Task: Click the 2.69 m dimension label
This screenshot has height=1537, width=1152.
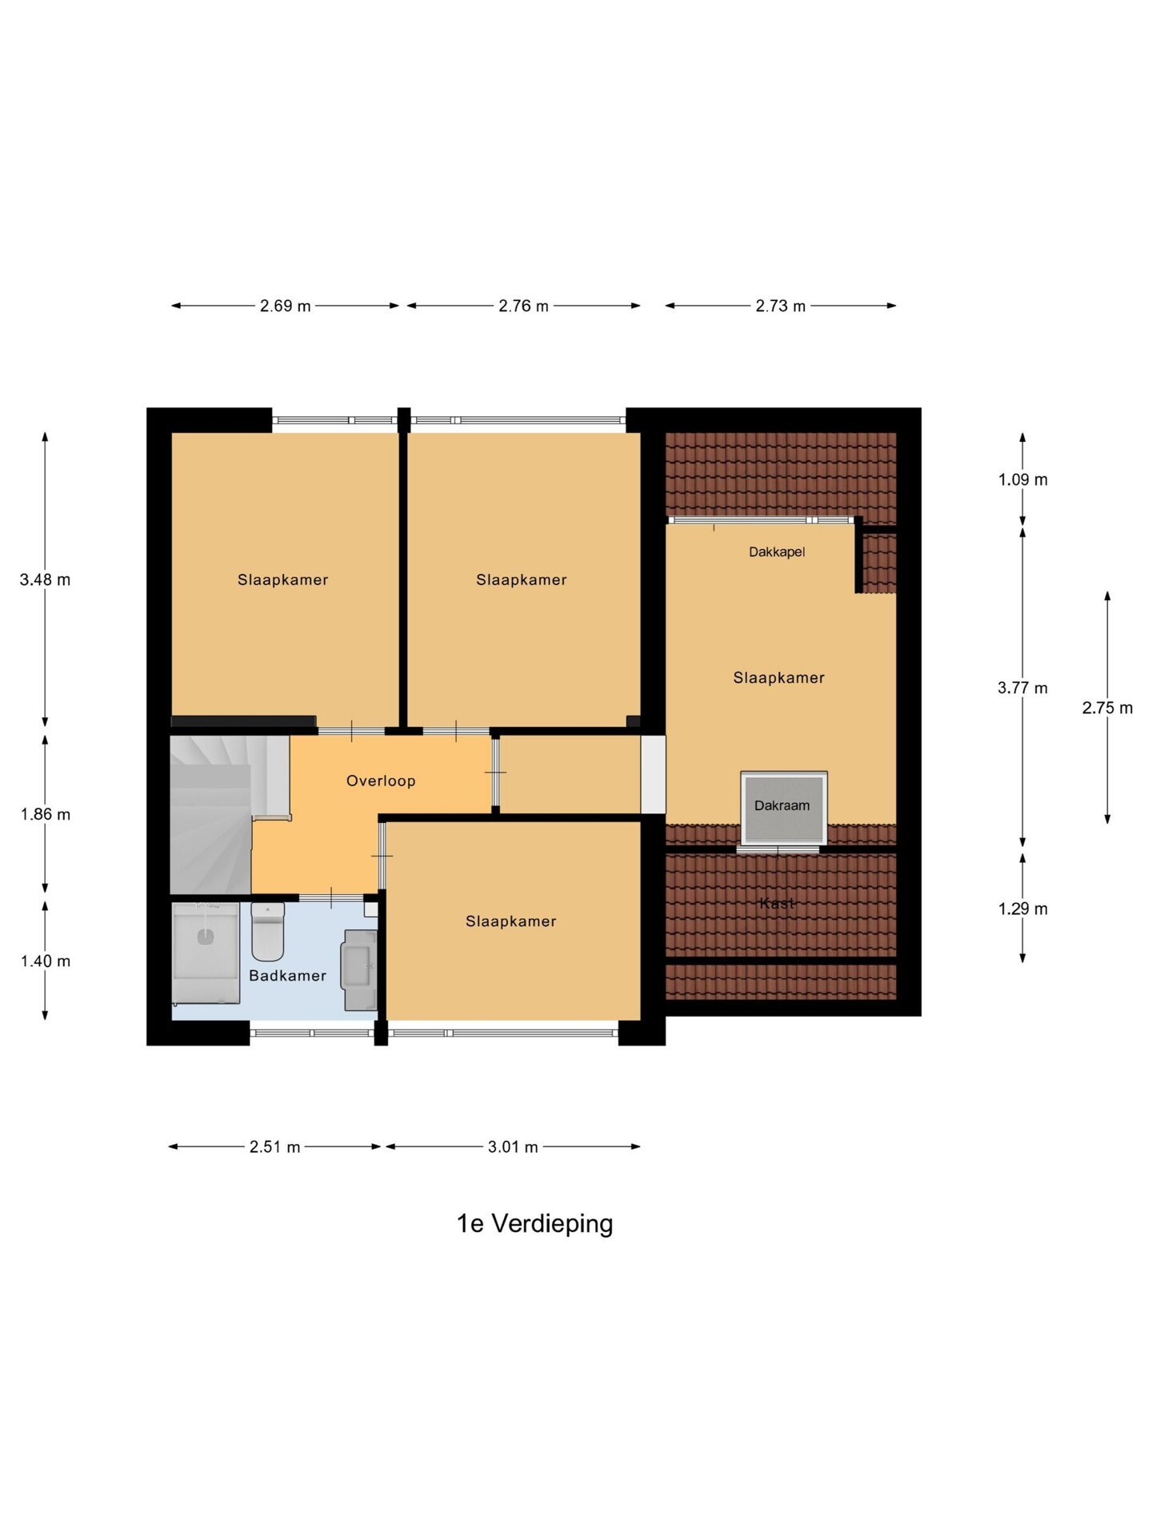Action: click(285, 306)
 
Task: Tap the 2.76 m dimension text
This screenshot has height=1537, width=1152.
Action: click(523, 306)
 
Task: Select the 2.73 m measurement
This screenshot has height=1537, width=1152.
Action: click(780, 306)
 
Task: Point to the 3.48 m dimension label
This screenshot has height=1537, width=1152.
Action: click(45, 580)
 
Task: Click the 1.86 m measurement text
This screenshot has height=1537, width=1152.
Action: click(46, 814)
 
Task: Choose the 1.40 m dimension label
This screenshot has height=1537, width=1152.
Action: click(46, 961)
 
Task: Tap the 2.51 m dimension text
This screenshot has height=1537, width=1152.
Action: click(274, 1147)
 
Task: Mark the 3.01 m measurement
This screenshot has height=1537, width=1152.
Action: click(513, 1147)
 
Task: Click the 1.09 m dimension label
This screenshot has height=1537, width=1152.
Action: click(1022, 480)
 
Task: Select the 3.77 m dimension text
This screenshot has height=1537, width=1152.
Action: click(1022, 688)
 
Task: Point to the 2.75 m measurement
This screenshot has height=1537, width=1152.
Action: click(1107, 708)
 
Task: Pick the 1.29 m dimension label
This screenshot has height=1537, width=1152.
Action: click(1022, 909)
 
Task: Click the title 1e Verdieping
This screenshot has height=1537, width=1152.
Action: click(534, 1223)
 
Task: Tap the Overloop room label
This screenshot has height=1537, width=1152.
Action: click(381, 781)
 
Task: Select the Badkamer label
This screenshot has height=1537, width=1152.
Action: click(287, 975)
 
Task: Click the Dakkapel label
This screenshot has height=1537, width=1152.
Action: click(777, 552)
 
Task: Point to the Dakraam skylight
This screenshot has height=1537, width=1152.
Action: click(784, 808)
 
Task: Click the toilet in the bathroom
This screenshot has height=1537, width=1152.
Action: click(268, 931)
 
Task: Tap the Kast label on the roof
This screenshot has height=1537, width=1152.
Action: click(777, 903)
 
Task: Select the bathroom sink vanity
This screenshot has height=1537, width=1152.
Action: click(359, 969)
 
